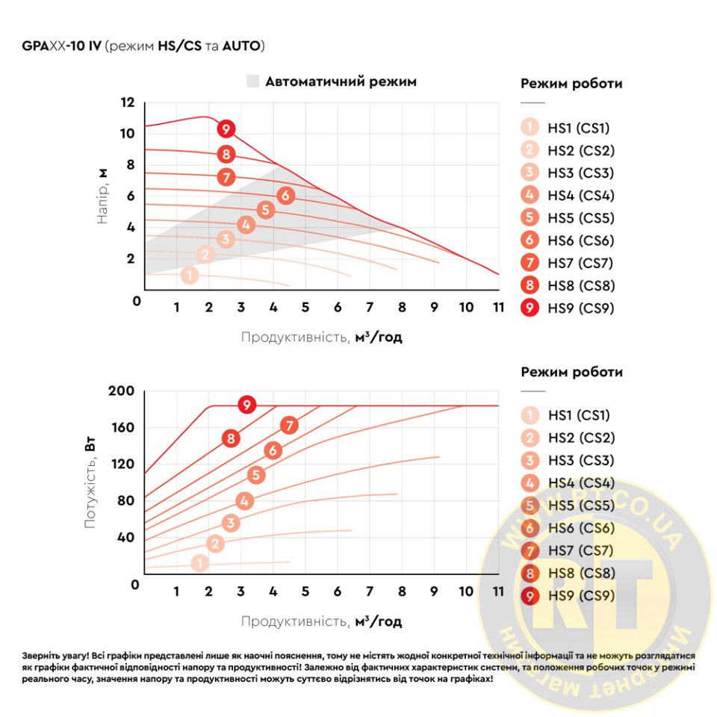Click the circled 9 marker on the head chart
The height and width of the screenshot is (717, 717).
click(x=226, y=129)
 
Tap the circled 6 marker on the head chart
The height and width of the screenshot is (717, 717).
click(x=285, y=196)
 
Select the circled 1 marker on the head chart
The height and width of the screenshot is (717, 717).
click(x=189, y=276)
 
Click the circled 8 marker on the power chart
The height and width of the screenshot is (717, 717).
click(x=232, y=438)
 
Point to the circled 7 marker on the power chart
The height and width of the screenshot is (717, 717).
click(x=289, y=426)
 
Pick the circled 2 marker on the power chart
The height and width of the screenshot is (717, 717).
click(x=215, y=544)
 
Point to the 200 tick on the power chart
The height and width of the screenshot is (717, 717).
click(x=122, y=391)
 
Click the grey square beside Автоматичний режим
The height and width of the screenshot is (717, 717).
click(x=253, y=81)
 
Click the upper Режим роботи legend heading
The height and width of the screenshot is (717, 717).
click(x=571, y=84)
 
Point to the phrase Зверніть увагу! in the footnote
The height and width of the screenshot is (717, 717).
click(x=48, y=655)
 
